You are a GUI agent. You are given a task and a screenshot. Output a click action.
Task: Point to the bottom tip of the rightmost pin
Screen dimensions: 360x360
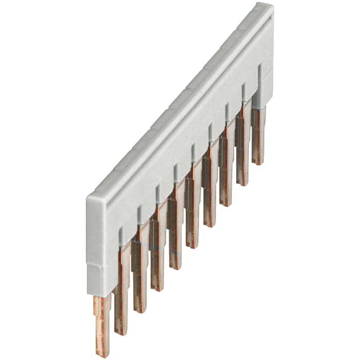tap(258, 161)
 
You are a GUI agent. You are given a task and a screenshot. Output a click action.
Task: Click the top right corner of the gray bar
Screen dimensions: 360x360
tap(271, 5)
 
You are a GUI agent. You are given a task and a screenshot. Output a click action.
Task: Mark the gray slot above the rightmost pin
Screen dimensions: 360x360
tap(259, 72)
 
